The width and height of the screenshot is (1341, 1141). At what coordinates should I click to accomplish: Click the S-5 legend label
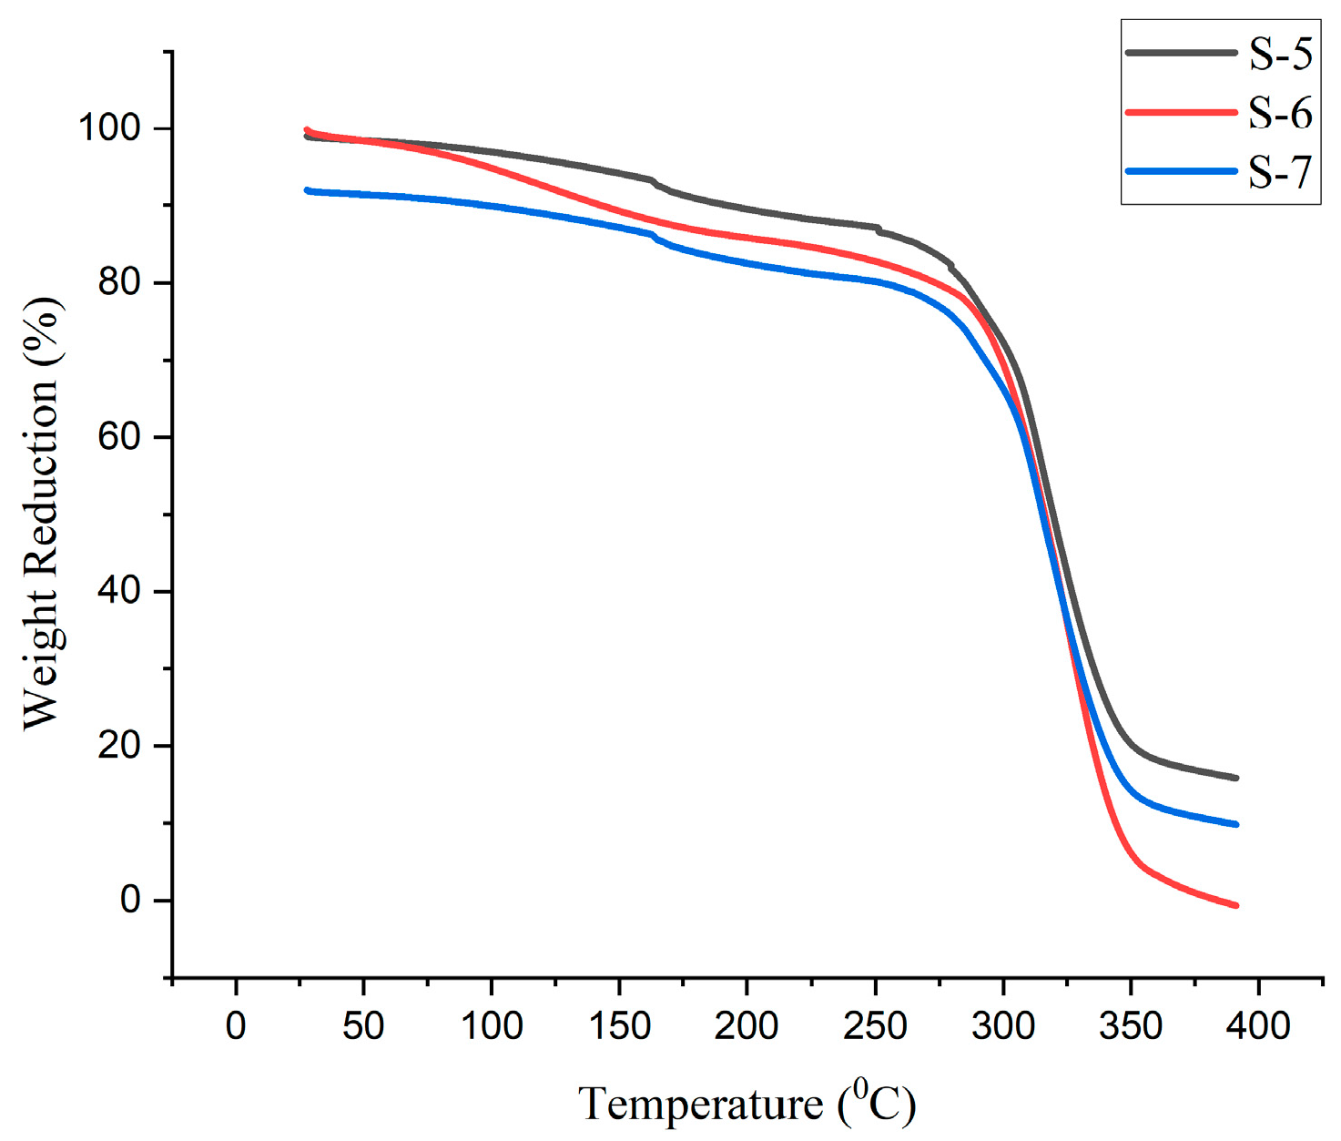(x=1279, y=55)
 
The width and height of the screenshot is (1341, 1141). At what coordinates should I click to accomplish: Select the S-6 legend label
(x=1279, y=113)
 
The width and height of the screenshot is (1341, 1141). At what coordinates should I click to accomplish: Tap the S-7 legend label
(x=1279, y=171)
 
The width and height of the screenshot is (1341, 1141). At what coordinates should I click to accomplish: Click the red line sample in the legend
(x=1182, y=112)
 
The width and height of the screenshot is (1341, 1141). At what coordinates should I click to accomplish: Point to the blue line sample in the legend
(x=1182, y=171)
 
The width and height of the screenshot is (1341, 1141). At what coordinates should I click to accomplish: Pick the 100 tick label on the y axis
(x=109, y=127)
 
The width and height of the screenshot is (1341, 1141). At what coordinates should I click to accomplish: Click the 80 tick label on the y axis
(x=120, y=282)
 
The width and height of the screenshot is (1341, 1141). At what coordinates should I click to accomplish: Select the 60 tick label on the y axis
(x=120, y=437)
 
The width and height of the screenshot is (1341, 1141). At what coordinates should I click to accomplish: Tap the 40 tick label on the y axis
(x=120, y=591)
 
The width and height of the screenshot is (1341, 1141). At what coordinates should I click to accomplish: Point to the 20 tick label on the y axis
(x=120, y=746)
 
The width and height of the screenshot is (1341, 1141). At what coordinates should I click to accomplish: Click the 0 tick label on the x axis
(x=236, y=1026)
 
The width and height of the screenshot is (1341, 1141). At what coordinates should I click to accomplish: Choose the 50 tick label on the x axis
(x=363, y=1026)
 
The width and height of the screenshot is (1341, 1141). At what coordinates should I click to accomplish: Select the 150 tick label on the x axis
(x=619, y=1026)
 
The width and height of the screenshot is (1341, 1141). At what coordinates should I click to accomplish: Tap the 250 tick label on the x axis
(x=875, y=1026)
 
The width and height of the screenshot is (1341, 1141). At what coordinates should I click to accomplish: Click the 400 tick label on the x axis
(x=1258, y=1026)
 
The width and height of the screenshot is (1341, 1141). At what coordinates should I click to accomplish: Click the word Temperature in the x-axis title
(x=700, y=1105)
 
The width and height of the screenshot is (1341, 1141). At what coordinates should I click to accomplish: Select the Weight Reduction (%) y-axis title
(x=41, y=514)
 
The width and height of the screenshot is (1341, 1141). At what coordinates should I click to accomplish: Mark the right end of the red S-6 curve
(x=1235, y=905)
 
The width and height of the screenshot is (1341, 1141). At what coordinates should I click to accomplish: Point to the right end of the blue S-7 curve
(x=1235, y=824)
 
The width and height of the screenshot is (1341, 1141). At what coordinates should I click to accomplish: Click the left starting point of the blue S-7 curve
(x=308, y=190)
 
